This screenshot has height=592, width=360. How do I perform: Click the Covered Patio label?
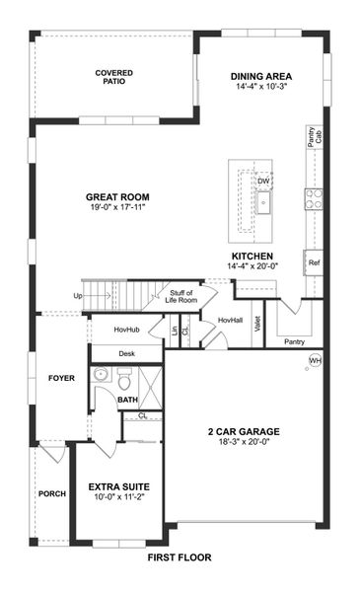click(x=114, y=78)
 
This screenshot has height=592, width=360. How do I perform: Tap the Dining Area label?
click(x=261, y=76)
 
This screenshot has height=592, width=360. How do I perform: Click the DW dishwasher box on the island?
click(x=263, y=182)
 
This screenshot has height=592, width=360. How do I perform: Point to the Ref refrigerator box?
click(x=314, y=263)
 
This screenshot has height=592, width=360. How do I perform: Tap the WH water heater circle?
click(x=315, y=361)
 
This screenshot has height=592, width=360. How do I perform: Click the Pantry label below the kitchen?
click(x=294, y=342)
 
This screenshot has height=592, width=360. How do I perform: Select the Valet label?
click(x=258, y=324)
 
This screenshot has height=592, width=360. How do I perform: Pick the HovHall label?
click(x=230, y=320)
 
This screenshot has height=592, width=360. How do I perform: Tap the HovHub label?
click(x=126, y=329)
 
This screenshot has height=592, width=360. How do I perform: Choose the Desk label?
click(x=126, y=352)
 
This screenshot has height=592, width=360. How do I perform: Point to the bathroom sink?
click(x=101, y=375)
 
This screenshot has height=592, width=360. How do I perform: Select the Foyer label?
click(x=61, y=378)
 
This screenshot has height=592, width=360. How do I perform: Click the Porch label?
click(x=51, y=493)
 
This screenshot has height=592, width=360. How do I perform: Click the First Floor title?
click(x=180, y=557)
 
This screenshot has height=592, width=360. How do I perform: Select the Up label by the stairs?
click(x=78, y=295)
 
